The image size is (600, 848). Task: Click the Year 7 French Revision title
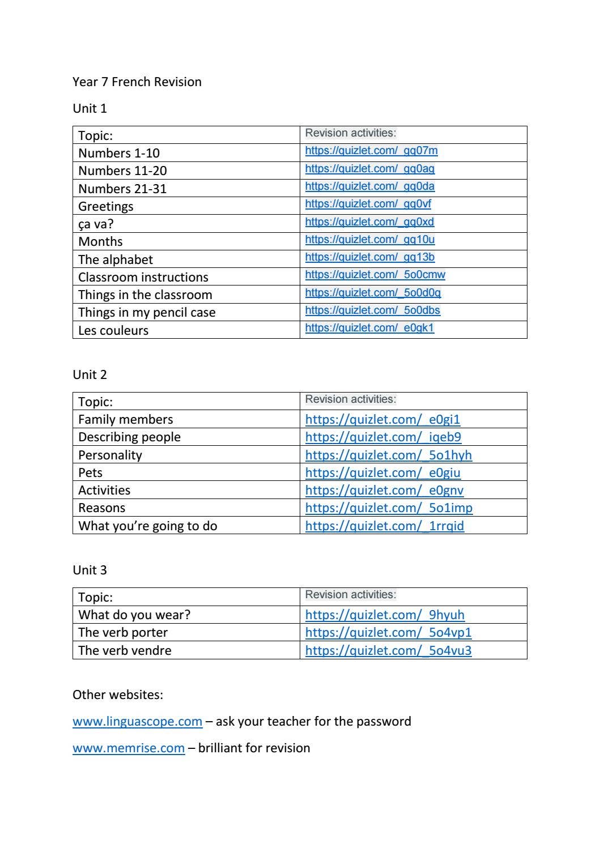click(137, 82)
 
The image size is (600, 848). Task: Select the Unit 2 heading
click(90, 374)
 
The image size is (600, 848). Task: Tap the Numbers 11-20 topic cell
click(122, 171)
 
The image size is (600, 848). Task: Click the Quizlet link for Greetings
click(368, 204)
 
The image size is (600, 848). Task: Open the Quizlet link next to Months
click(369, 240)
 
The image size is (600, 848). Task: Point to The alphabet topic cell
click(116, 259)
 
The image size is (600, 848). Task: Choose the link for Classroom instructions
click(375, 275)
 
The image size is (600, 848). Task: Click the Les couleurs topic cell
click(113, 330)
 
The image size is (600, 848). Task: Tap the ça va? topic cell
click(96, 224)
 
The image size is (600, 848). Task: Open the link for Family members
click(382, 419)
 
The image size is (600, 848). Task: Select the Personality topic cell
click(110, 455)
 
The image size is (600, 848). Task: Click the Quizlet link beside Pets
click(382, 472)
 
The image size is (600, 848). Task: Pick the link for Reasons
click(389, 508)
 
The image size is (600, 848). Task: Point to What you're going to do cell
click(147, 526)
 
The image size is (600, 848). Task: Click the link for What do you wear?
click(385, 615)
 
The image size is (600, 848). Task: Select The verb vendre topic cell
click(125, 650)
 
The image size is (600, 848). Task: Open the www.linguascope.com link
click(137, 721)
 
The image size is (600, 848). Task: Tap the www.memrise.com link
click(129, 748)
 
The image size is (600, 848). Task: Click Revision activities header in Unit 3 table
click(351, 595)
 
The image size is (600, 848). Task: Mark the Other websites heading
click(118, 694)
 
